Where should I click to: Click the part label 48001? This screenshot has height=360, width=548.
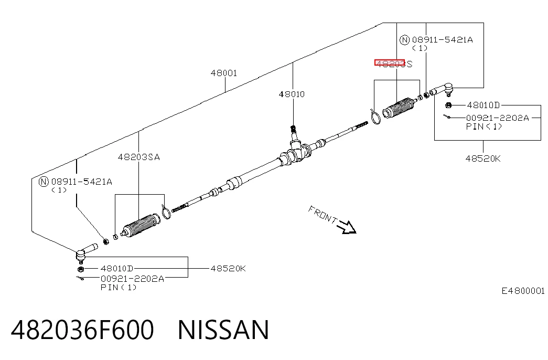[x=224, y=73]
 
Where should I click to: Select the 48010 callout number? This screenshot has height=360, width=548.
[x=292, y=94]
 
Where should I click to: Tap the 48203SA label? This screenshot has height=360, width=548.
[x=139, y=157]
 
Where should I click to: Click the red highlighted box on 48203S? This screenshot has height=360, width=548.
[x=390, y=63]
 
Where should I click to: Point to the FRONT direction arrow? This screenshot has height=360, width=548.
[x=346, y=227]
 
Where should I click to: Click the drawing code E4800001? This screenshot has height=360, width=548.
[x=523, y=291]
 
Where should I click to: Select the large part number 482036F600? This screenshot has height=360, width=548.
[x=82, y=330]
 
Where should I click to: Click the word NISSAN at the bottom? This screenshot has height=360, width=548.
[x=223, y=330]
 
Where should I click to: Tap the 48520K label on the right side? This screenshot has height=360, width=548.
[x=483, y=158]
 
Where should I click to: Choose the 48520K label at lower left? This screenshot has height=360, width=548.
[x=228, y=268]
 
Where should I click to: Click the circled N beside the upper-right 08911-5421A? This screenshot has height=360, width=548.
[x=404, y=40]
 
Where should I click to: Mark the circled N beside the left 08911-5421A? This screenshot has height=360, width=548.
[x=44, y=182]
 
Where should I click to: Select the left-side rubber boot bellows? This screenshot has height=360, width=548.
[x=141, y=225]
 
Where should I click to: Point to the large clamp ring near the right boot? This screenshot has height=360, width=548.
[x=375, y=116]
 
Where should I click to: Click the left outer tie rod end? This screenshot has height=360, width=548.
[x=85, y=252]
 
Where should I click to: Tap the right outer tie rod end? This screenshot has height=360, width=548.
[x=442, y=90]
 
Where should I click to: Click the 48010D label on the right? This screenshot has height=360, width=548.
[x=483, y=105]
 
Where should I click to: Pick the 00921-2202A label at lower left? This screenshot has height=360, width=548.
[x=132, y=279]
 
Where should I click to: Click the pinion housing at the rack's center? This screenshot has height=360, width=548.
[x=296, y=153]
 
